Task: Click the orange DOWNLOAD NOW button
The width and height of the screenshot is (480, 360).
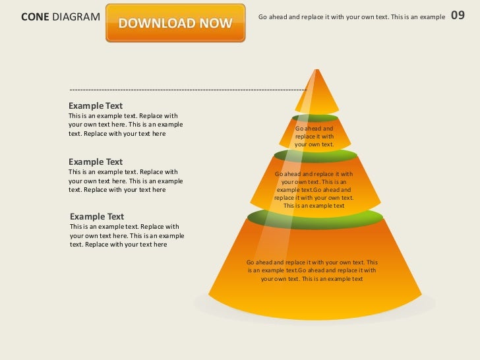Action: click(175, 24)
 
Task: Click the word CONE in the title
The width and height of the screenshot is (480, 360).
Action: click(35, 16)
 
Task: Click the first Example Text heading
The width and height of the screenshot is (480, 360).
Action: click(96, 105)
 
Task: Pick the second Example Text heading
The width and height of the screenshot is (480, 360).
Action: click(96, 162)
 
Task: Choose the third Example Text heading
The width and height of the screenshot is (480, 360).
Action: click(97, 216)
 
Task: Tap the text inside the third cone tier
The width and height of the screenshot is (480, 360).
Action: click(314, 190)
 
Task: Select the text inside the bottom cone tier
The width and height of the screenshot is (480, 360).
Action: click(312, 270)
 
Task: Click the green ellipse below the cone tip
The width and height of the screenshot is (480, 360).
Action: click(315, 118)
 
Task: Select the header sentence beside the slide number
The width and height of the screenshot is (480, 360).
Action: click(351, 16)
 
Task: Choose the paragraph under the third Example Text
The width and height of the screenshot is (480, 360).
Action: click(127, 235)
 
